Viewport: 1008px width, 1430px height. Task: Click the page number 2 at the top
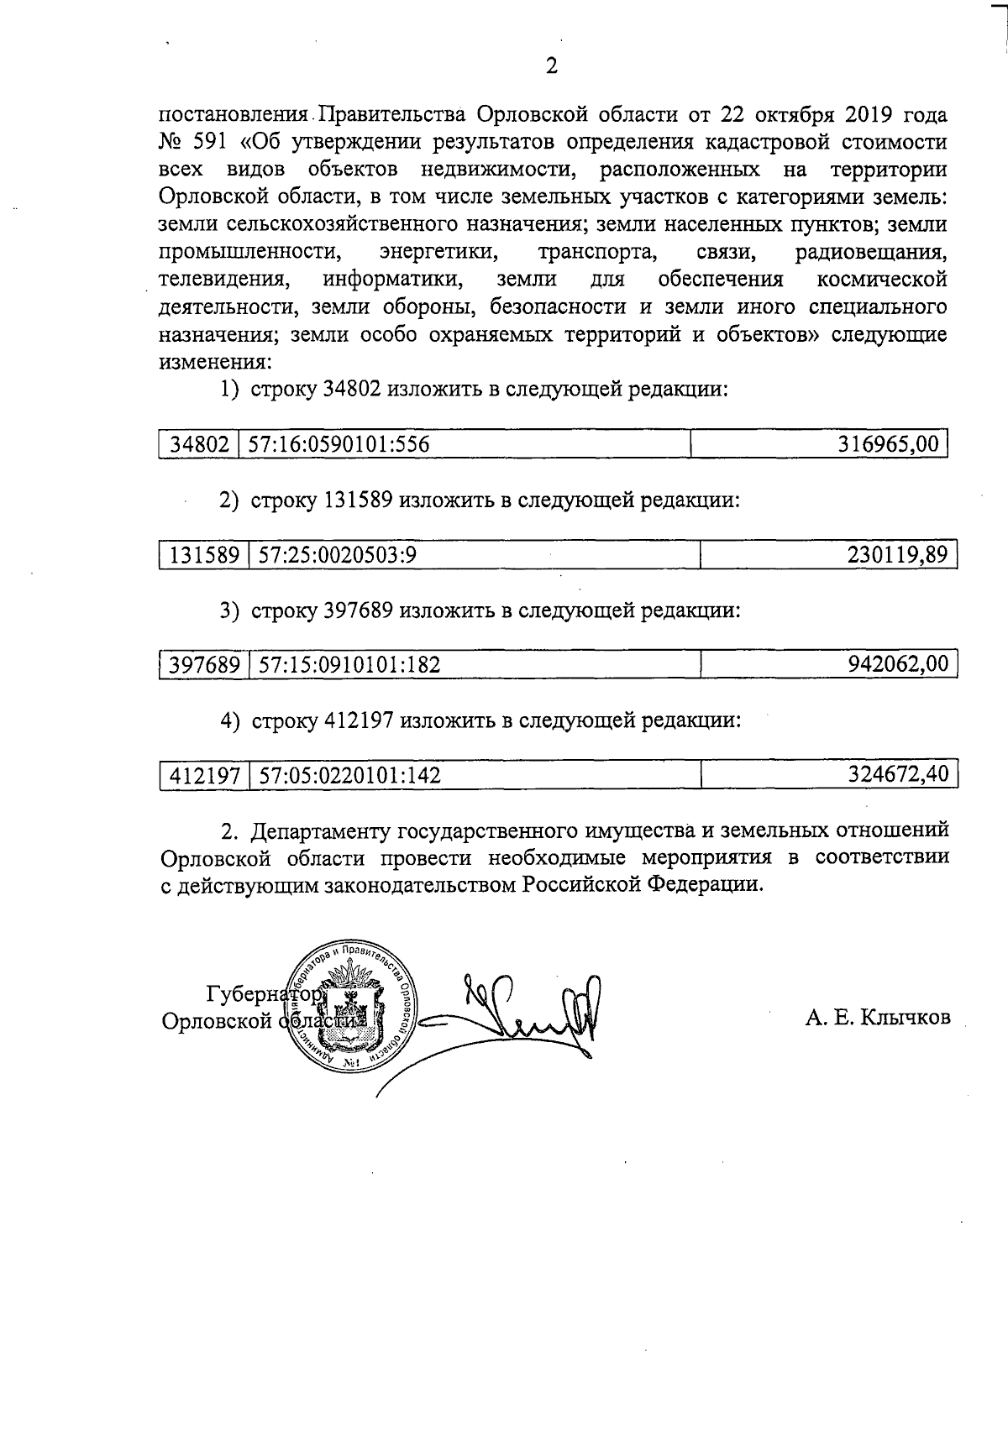[551, 67]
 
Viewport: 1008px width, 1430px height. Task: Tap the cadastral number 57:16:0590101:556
[345, 444]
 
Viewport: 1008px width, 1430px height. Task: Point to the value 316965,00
[889, 444]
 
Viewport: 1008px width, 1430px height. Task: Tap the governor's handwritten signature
[521, 1012]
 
